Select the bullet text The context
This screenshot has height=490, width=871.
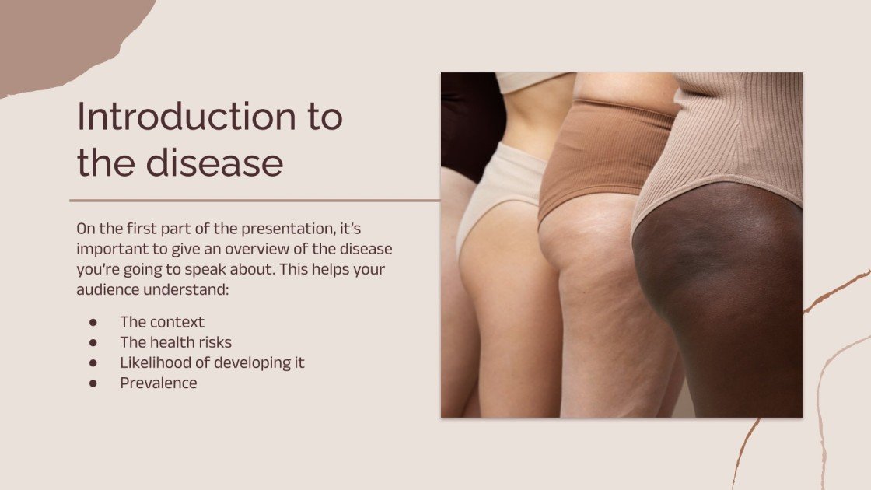(162, 322)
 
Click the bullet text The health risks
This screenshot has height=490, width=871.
(176, 342)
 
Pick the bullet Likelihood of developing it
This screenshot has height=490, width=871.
(212, 362)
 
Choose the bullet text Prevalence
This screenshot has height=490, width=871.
(158, 383)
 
